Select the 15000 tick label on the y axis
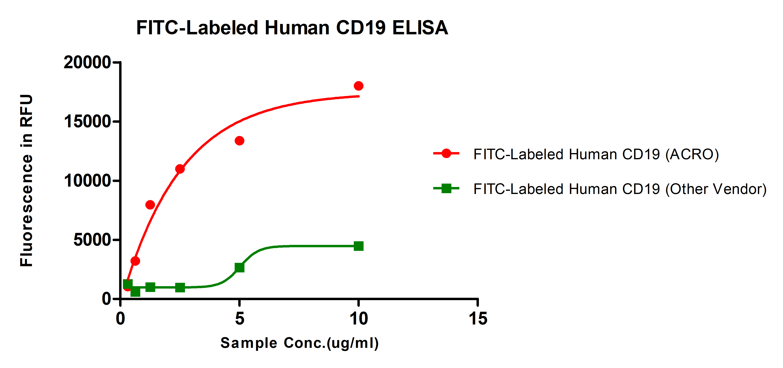pyautogui.click(x=87, y=122)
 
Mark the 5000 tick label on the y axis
pyautogui.click(x=92, y=240)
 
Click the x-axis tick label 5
pyautogui.click(x=239, y=319)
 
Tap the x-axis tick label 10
pyautogui.click(x=359, y=319)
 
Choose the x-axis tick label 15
pyautogui.click(x=478, y=319)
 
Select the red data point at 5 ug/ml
pyautogui.click(x=239, y=141)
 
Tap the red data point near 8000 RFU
pyautogui.click(x=150, y=205)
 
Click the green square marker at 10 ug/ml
pyautogui.click(x=359, y=246)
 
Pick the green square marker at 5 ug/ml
pyautogui.click(x=239, y=267)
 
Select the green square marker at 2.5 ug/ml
pyautogui.click(x=180, y=287)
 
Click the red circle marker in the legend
pyautogui.click(x=446, y=153)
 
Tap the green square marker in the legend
pyautogui.click(x=446, y=188)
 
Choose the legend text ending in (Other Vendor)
pyautogui.click(x=620, y=189)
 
